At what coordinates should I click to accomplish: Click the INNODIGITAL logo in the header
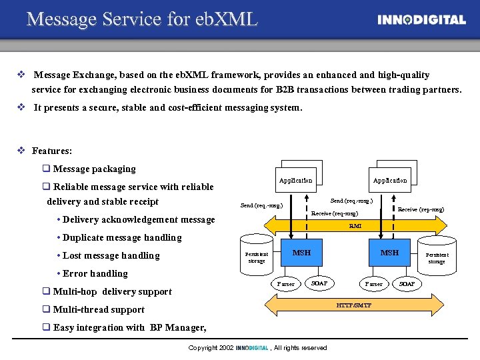421,20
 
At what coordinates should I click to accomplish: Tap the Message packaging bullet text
94,169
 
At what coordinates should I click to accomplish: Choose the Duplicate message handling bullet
122,238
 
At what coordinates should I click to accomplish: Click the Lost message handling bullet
111,256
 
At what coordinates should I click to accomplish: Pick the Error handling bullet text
95,274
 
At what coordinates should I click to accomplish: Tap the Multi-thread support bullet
99,310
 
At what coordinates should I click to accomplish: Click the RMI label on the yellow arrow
355,226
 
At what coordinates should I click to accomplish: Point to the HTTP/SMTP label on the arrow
354,305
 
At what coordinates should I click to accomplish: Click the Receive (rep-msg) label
421,209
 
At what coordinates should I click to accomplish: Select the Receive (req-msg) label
335,213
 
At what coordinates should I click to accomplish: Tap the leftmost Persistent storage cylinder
257,257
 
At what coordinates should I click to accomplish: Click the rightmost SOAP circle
407,284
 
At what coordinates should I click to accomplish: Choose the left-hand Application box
295,180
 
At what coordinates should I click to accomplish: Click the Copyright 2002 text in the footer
210,348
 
